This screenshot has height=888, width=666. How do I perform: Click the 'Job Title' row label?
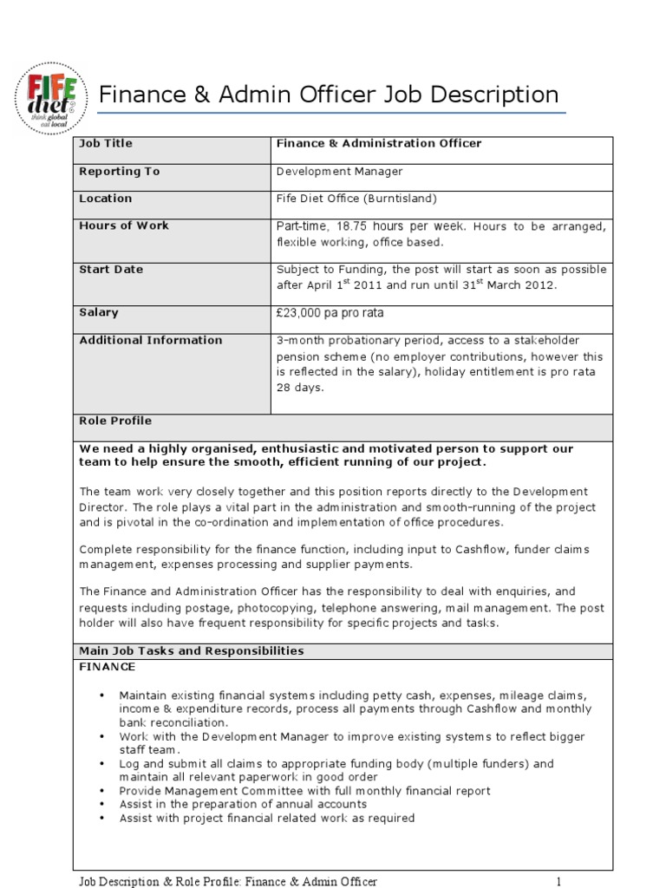click(x=106, y=144)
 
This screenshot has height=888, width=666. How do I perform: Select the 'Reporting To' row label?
click(x=120, y=172)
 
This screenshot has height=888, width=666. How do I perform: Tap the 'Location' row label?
click(x=106, y=199)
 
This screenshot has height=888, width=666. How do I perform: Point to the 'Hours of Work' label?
click(x=124, y=225)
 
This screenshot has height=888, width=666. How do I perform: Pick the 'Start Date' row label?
click(x=111, y=270)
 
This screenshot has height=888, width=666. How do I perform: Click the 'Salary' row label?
click(x=99, y=312)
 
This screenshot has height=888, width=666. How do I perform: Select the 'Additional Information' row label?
click(x=151, y=340)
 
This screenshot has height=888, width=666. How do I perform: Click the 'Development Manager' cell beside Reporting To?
click(x=339, y=172)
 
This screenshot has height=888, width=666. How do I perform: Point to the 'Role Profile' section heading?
click(x=115, y=421)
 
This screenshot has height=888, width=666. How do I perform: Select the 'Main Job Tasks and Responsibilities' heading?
click(x=192, y=650)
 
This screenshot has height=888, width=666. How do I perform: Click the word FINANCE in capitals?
click(x=108, y=667)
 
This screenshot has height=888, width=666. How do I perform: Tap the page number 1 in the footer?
click(x=559, y=882)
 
